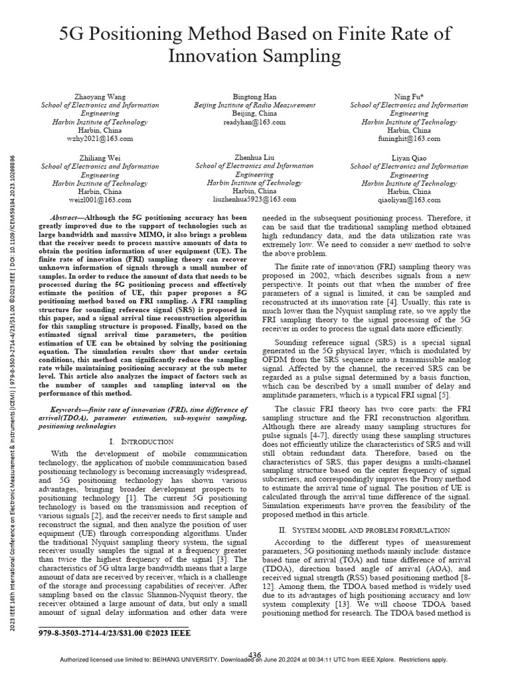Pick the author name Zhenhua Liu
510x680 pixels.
point(255,157)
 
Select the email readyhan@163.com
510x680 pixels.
point(255,123)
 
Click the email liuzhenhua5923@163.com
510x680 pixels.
point(255,199)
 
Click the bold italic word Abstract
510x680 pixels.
point(68,218)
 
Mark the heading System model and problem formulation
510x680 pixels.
point(375,530)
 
